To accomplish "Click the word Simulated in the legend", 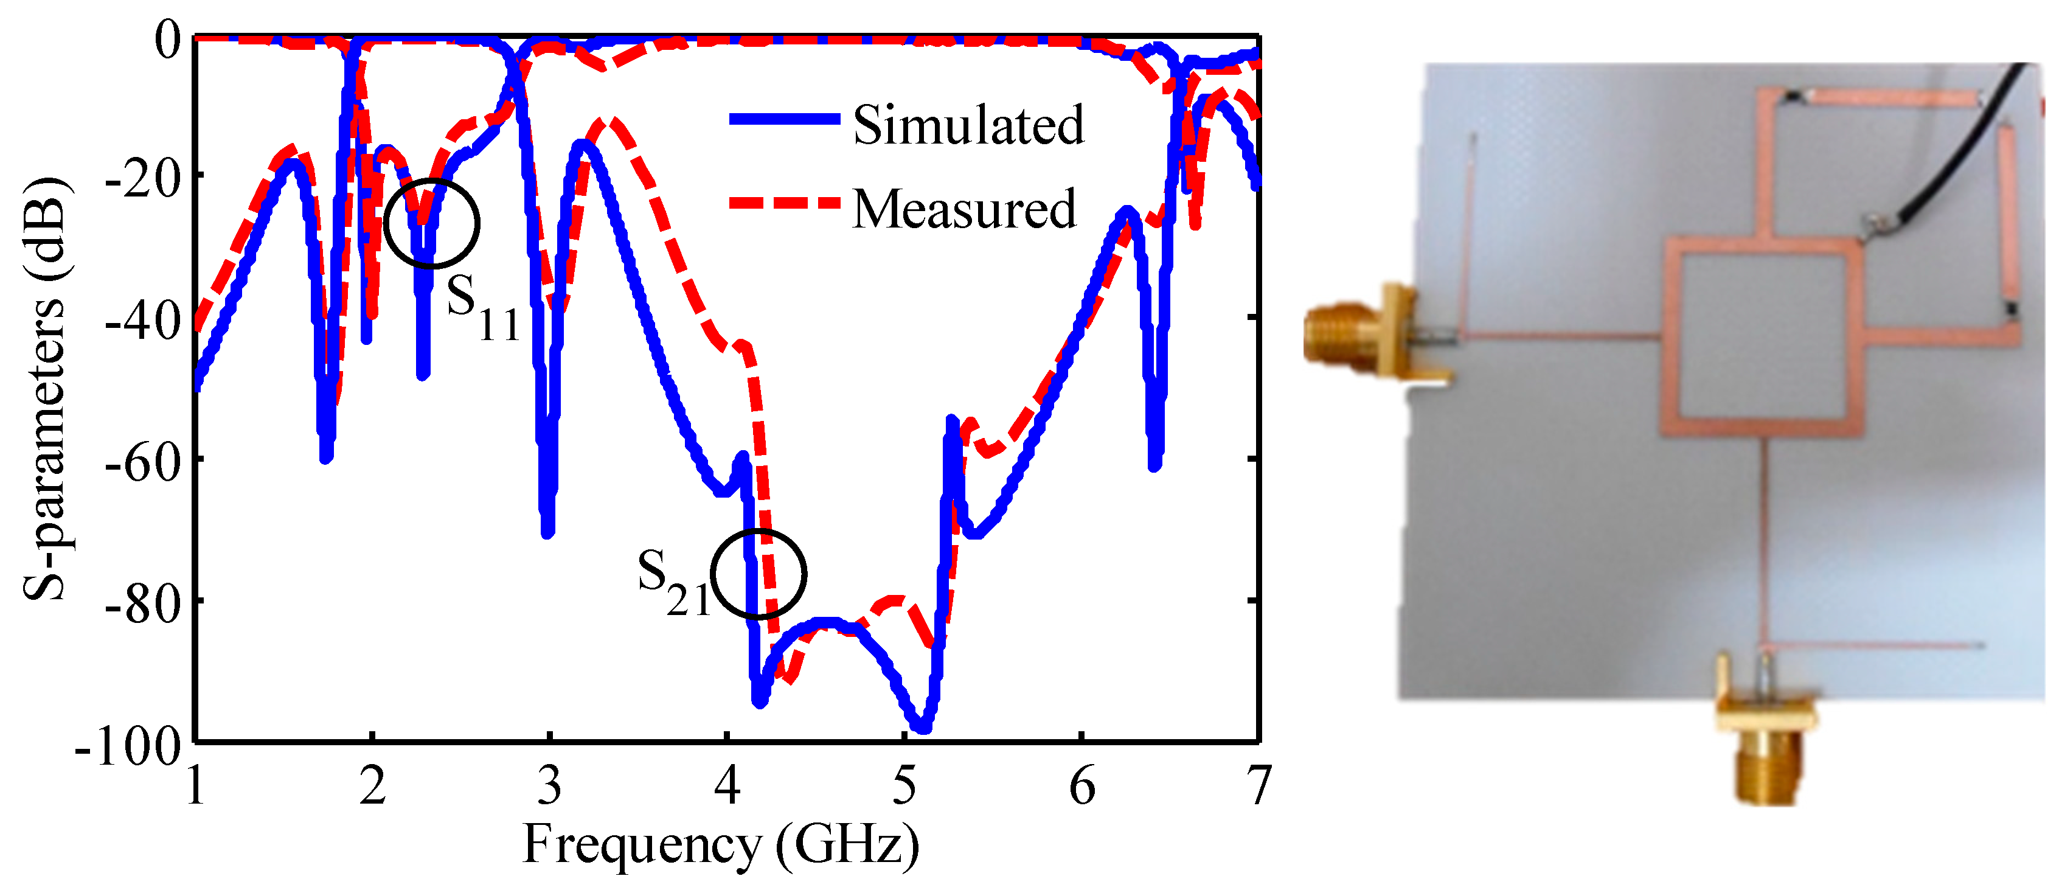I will (968, 126).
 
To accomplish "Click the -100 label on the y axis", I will (128, 748).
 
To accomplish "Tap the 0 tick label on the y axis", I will (168, 40).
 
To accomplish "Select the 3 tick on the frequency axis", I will (549, 786).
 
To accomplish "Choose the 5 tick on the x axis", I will (904, 786).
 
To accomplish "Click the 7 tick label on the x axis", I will (1259, 786).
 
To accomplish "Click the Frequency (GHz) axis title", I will (720, 845).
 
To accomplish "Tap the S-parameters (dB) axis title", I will (46, 388).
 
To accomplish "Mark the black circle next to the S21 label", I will (758, 574).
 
